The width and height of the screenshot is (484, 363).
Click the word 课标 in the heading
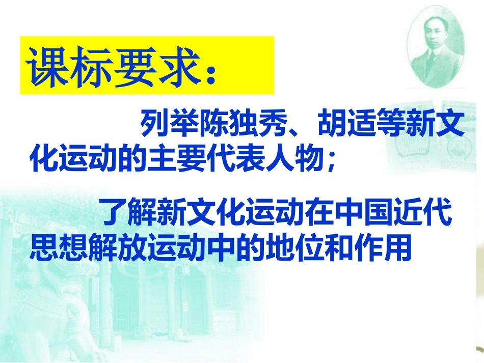point(69,67)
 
